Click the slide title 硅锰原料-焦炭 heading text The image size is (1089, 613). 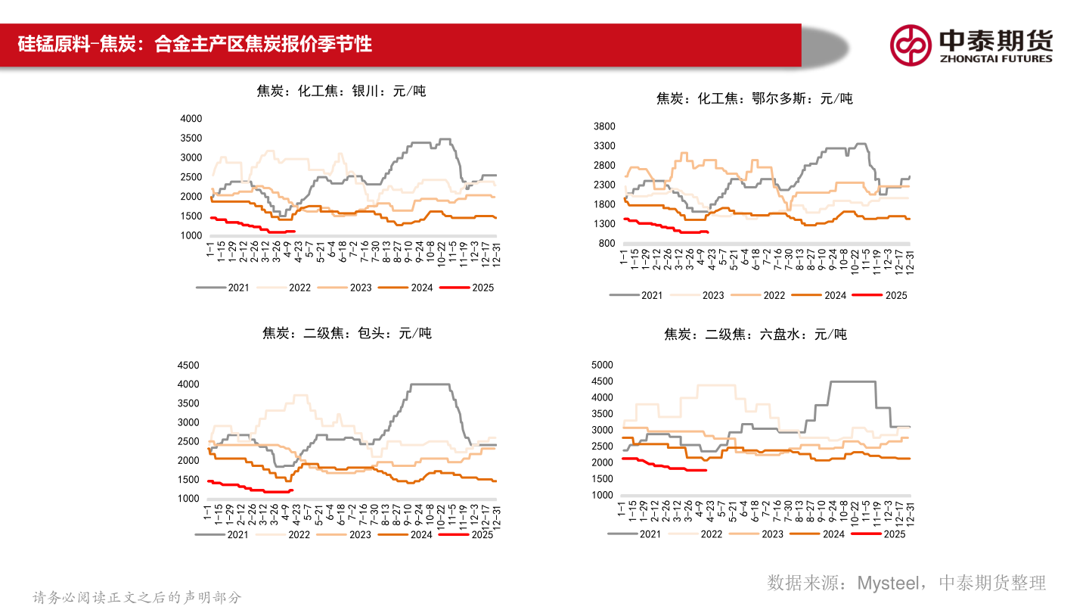[x=195, y=43]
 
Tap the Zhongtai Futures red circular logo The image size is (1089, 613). [x=910, y=45]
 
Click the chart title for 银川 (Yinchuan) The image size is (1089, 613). [x=341, y=92]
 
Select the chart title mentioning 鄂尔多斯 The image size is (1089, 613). [x=754, y=98]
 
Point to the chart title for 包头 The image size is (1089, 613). [x=346, y=333]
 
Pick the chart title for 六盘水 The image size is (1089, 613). [x=755, y=334]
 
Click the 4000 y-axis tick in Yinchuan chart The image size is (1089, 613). [x=191, y=119]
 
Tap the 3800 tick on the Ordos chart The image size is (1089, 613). [x=605, y=126]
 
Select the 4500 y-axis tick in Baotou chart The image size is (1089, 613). [x=188, y=365]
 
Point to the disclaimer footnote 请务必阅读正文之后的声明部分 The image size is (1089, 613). [x=137, y=597]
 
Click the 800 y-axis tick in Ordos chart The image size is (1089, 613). [x=608, y=243]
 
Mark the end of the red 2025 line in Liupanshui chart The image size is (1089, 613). [x=706, y=470]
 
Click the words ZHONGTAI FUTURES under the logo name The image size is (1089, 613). [x=995, y=58]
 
